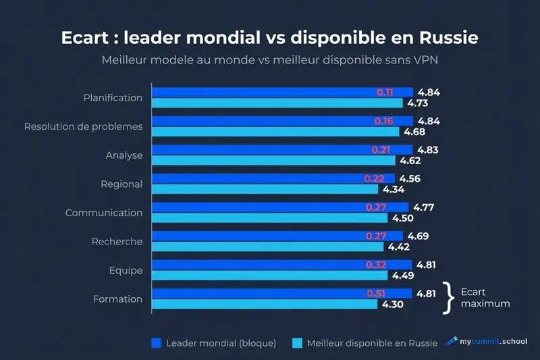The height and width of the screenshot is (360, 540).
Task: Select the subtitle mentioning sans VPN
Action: [x=269, y=59]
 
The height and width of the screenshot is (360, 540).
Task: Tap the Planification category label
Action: [x=113, y=97]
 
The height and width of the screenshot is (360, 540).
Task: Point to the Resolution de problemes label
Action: [x=83, y=126]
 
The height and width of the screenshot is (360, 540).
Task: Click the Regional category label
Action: [x=122, y=184]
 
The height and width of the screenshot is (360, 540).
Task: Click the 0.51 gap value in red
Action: [x=376, y=294]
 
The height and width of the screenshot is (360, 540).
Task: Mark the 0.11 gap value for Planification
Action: [x=385, y=92]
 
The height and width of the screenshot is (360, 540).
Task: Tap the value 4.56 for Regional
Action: [x=410, y=178]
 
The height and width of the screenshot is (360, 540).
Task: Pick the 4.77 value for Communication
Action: [x=424, y=207]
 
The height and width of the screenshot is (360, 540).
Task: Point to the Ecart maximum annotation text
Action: [x=485, y=298]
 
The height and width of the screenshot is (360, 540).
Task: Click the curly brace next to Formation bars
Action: [x=446, y=298]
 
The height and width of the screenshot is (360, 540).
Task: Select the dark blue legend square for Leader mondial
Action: [x=155, y=342]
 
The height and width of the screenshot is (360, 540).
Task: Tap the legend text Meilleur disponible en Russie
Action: [x=372, y=342]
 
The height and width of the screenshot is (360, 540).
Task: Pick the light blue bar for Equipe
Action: [x=269, y=276]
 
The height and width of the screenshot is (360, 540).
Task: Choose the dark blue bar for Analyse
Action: [x=281, y=150]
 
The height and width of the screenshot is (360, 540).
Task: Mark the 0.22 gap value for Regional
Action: [x=375, y=178]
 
